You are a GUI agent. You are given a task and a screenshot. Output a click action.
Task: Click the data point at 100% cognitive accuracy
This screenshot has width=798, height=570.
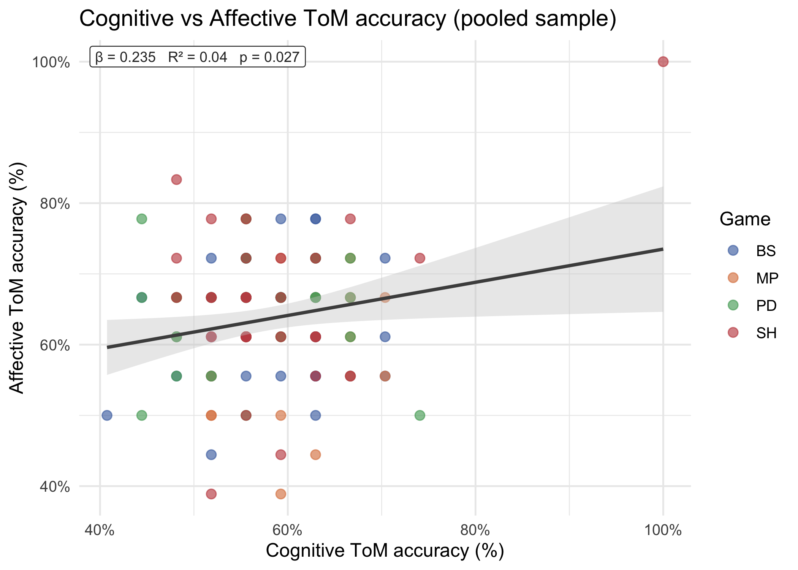(x=663, y=62)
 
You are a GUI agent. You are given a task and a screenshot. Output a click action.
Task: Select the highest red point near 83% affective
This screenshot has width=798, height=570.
(x=176, y=179)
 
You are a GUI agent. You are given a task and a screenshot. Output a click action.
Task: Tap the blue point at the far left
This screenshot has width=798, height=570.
(x=107, y=415)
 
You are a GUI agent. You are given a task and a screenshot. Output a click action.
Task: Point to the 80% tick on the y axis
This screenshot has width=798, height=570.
(x=55, y=204)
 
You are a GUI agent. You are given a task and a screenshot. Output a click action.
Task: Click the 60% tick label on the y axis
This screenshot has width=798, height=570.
(x=55, y=345)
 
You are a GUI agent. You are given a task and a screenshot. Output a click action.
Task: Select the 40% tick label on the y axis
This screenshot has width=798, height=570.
(x=55, y=487)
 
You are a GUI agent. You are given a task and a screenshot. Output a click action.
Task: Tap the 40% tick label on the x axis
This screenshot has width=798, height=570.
(x=100, y=530)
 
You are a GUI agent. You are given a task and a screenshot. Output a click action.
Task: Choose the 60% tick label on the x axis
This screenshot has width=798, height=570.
(x=288, y=530)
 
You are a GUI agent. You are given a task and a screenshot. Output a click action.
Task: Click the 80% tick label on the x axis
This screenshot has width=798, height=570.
(x=475, y=530)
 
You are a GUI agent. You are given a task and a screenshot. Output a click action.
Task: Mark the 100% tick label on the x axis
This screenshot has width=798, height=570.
(x=663, y=530)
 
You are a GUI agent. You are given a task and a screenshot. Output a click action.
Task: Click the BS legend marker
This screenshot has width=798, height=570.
(x=733, y=250)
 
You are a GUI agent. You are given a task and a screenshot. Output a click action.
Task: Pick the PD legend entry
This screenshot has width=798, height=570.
(x=766, y=306)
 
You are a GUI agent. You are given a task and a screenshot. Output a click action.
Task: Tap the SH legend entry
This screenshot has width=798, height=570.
(x=766, y=333)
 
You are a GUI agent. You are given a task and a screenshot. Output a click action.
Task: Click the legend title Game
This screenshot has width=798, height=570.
(x=745, y=219)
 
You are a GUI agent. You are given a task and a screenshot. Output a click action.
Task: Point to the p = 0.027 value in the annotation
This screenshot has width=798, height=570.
(x=269, y=57)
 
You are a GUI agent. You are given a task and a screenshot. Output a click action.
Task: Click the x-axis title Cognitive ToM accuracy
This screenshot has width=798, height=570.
(x=385, y=551)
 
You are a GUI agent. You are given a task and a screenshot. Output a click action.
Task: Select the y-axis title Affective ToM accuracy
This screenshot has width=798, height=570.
(x=17, y=277)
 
